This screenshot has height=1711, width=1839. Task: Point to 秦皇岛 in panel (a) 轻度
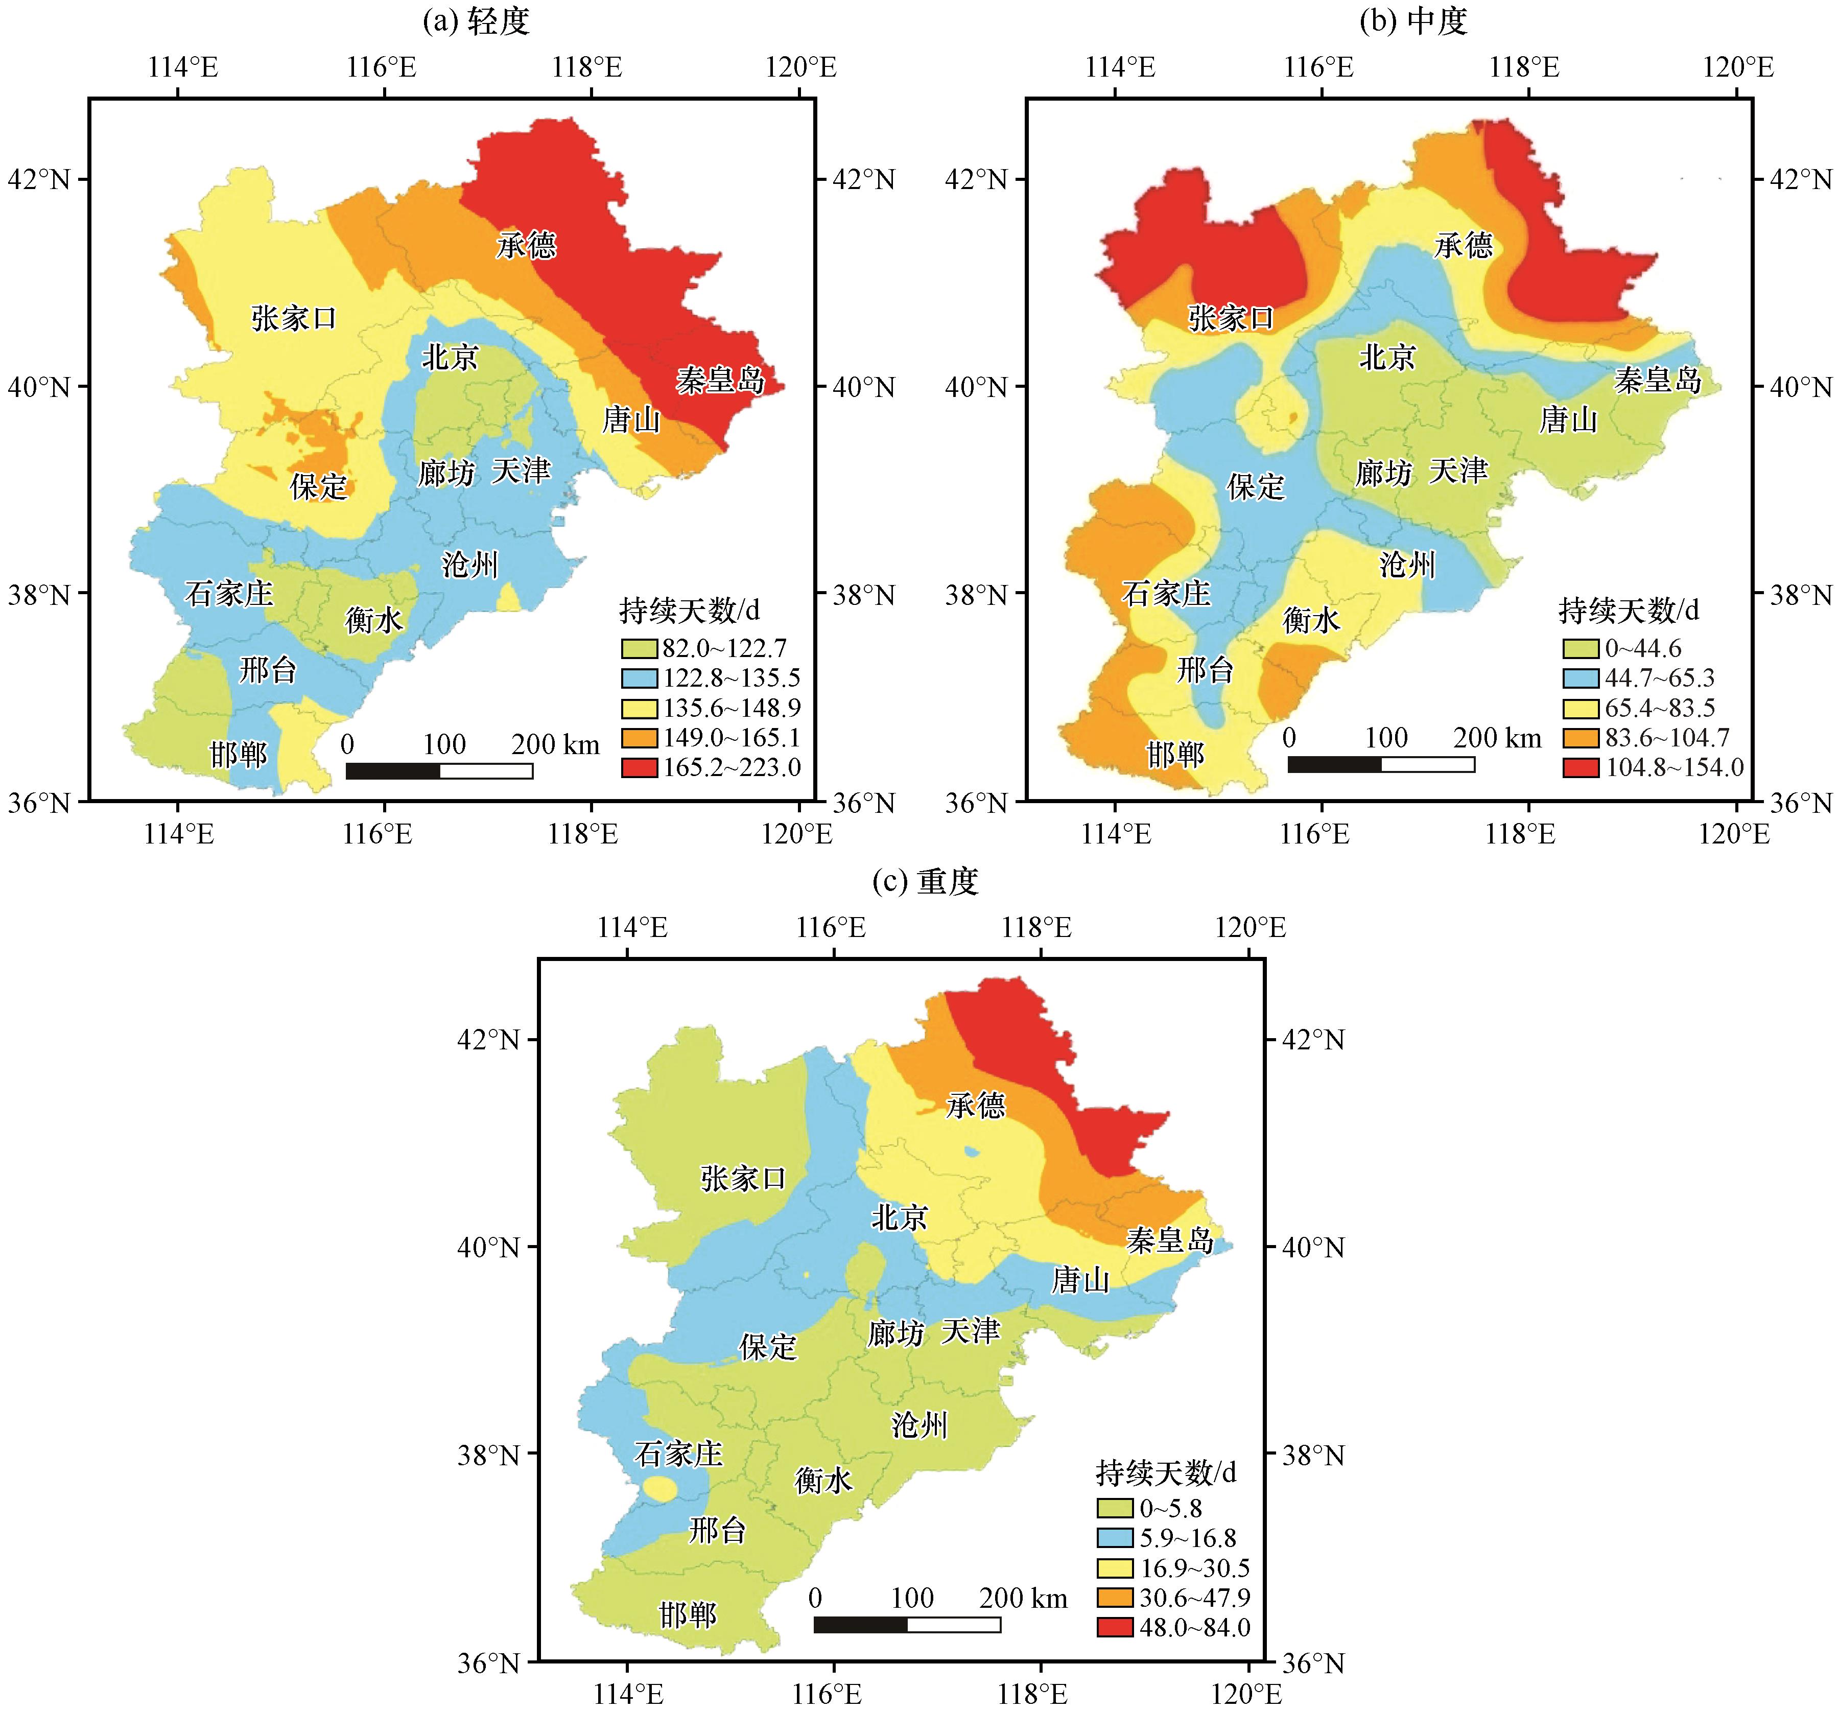click(x=720, y=380)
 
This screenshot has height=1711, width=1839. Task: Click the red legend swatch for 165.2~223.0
click(x=638, y=767)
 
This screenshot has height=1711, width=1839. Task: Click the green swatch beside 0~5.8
click(x=1115, y=1508)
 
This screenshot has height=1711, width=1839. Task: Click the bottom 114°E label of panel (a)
click(x=178, y=834)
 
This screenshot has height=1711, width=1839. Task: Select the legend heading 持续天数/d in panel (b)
click(x=1629, y=610)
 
